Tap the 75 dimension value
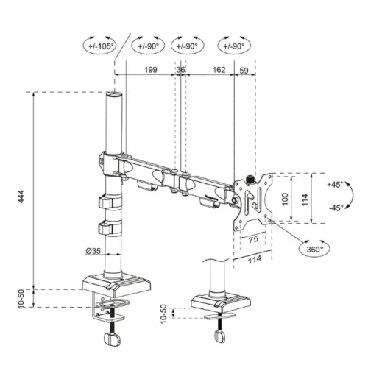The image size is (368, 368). [x=252, y=238]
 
